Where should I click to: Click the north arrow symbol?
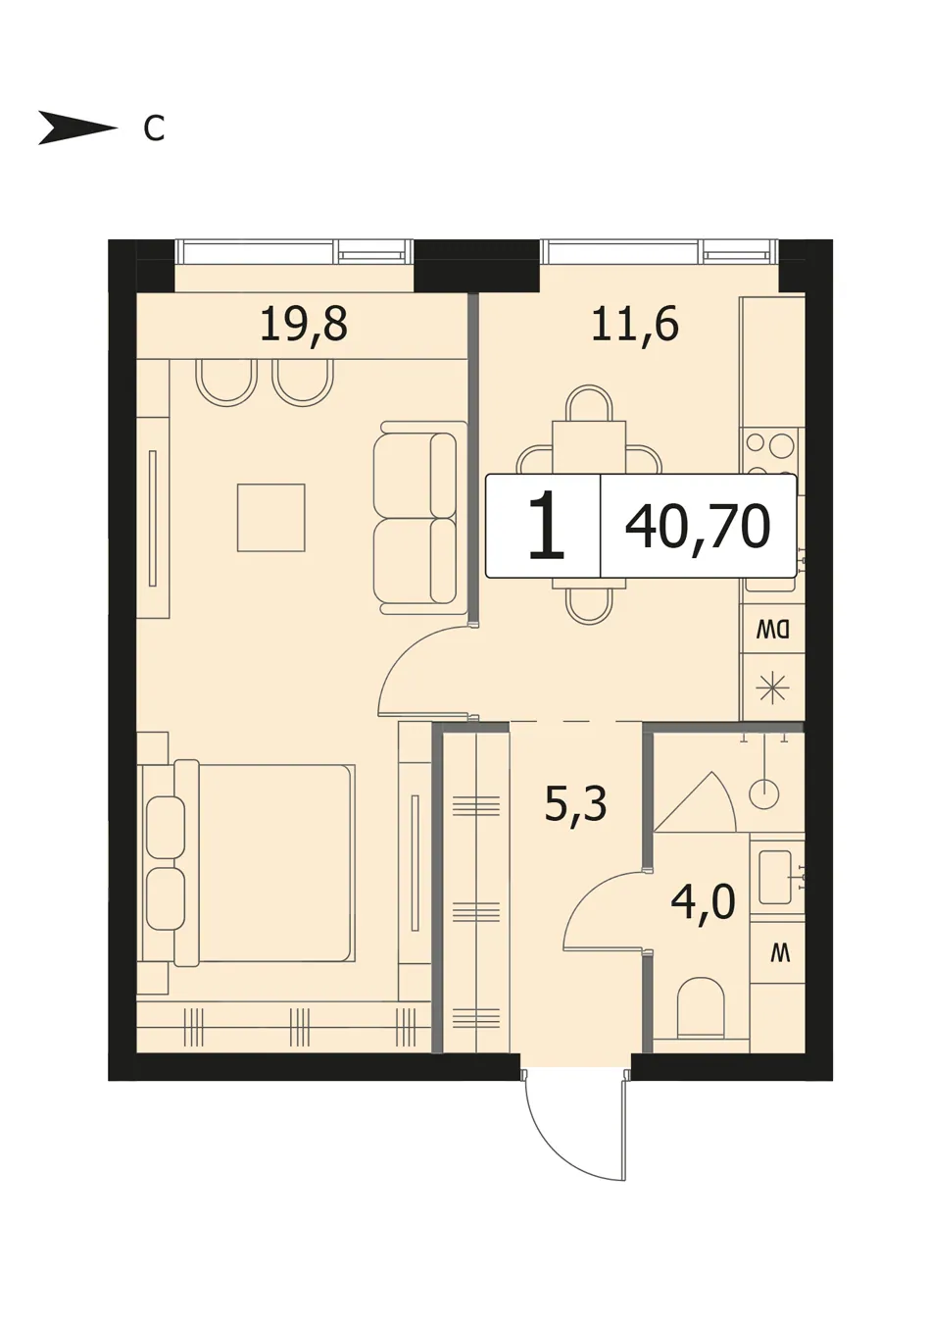point(77,128)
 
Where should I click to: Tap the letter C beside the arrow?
point(154,128)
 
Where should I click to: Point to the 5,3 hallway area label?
point(575,805)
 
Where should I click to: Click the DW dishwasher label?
point(774,629)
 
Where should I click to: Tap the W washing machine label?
point(779,954)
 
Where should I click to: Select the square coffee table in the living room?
point(270,518)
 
